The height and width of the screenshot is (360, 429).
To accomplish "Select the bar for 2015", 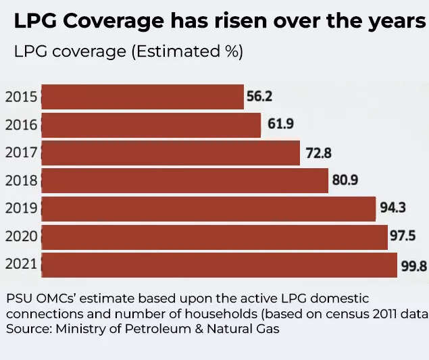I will (x=142, y=97).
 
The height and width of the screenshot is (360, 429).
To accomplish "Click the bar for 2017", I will (x=170, y=153).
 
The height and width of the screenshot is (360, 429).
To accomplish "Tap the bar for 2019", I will (x=208, y=209).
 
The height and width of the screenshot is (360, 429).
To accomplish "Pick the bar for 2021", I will (x=219, y=265).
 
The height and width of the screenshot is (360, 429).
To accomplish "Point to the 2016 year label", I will (x=21, y=125).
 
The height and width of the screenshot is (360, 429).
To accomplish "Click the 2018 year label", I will (x=21, y=181).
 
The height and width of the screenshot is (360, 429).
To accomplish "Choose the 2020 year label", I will (x=21, y=237).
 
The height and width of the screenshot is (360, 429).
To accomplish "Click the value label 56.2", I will (x=259, y=97).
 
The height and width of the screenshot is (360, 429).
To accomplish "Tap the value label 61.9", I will (x=277, y=125).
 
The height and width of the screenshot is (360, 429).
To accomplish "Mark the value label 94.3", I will (x=393, y=208).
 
